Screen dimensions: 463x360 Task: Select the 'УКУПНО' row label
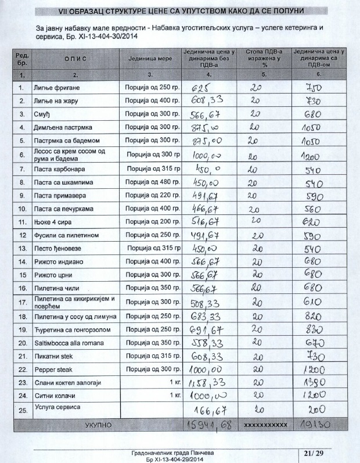click(x=98, y=425)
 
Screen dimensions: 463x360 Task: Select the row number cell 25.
click(x=21, y=411)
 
